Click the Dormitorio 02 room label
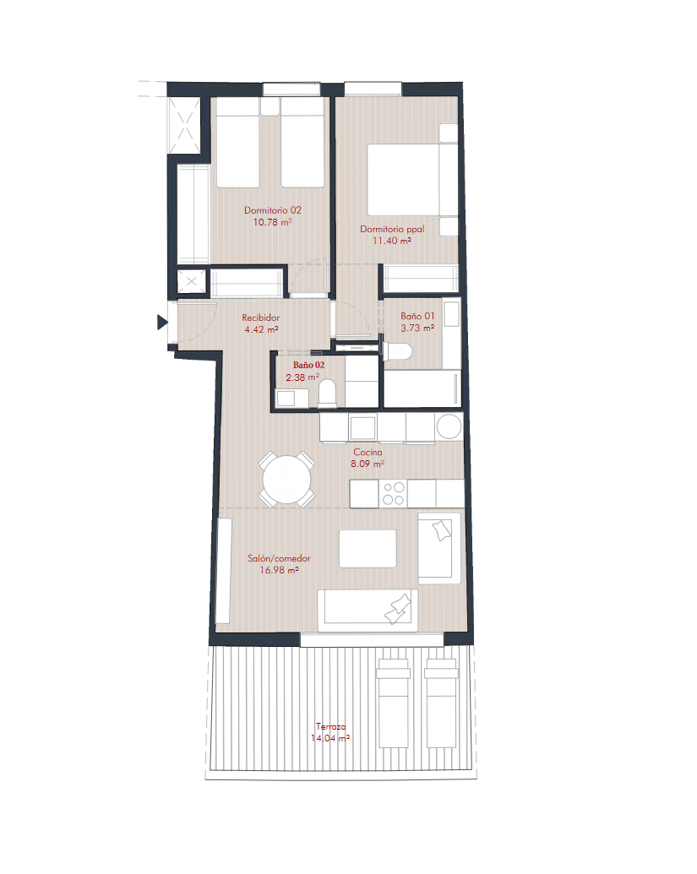(273, 210)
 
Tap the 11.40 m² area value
(392, 241)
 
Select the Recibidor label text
(260, 318)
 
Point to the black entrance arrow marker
(162, 323)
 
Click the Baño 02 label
(308, 365)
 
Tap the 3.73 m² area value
(417, 328)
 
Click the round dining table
(286, 480)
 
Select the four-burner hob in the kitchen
(393, 494)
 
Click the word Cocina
(368, 452)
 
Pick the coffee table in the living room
(368, 549)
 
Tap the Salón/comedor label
(279, 558)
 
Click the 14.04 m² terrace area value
(330, 739)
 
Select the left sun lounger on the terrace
(393, 703)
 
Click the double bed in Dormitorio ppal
(412, 181)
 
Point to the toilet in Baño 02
(327, 393)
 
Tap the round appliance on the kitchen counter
(449, 427)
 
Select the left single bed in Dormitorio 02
(238, 143)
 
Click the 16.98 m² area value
(279, 571)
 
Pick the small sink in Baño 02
(286, 398)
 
